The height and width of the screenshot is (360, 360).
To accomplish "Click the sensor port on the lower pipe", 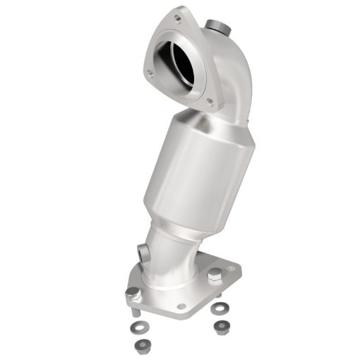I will pos(143,251).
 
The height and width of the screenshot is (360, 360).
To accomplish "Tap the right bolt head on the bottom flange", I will pos(212,272).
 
